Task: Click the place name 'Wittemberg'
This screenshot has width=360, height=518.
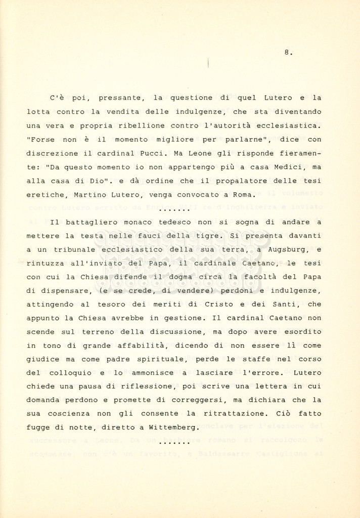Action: [x=171, y=427]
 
